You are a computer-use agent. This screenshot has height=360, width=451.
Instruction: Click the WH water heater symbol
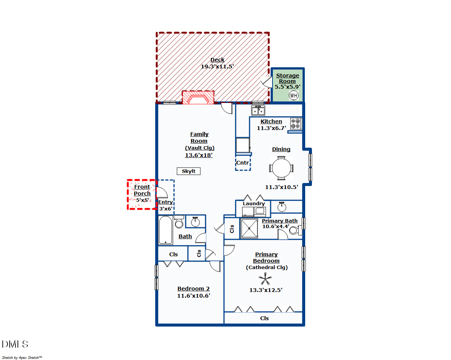(293, 95)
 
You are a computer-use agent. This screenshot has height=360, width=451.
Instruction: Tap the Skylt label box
(189, 171)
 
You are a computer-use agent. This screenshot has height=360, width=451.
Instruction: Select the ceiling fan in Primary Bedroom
(265, 279)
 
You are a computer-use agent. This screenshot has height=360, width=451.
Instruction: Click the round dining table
(281, 168)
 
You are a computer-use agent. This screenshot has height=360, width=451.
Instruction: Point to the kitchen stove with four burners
(296, 124)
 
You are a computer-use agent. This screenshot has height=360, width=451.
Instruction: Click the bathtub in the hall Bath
(165, 230)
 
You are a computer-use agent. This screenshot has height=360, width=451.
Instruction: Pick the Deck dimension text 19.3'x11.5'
(217, 67)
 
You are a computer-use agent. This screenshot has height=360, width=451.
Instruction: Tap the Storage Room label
(288, 78)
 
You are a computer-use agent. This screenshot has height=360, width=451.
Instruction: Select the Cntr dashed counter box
(243, 163)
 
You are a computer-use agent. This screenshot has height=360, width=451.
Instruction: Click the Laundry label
(254, 204)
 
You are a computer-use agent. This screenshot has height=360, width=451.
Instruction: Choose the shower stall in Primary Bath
(249, 228)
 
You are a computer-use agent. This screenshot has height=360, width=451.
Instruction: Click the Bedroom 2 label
(194, 289)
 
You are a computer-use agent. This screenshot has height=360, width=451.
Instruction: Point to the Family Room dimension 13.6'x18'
(199, 155)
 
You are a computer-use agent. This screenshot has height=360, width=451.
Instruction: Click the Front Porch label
(142, 190)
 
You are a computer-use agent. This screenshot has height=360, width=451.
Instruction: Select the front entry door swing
(162, 192)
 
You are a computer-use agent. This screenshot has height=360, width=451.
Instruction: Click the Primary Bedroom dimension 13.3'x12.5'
(266, 290)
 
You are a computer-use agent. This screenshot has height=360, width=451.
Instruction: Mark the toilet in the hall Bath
(179, 222)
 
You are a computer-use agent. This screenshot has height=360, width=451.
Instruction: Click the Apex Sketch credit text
(22, 357)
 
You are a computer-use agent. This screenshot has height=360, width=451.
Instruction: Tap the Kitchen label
(271, 121)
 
